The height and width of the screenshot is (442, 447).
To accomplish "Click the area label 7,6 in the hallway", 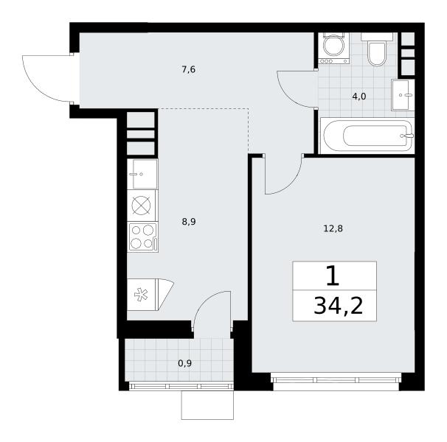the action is tap(189, 69).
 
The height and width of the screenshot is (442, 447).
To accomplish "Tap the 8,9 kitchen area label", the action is tap(189, 222).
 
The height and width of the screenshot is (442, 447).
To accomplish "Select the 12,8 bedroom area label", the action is tap(333, 228).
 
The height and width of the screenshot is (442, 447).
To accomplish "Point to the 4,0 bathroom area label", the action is tap(359, 97).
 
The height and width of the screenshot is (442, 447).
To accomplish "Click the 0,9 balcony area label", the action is tap(184, 363).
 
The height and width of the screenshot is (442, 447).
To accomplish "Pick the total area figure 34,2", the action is tap(339, 306).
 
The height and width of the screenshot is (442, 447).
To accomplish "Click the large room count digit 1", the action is tap(333, 276).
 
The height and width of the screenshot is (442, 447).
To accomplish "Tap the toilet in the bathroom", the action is tap(377, 49).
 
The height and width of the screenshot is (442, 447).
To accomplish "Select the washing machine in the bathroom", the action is tap(334, 48).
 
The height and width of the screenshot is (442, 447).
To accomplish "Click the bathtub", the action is tap(367, 136).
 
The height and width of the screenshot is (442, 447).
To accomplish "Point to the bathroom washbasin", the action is tap(403, 95).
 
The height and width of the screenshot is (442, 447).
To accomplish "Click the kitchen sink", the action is tap(142, 174).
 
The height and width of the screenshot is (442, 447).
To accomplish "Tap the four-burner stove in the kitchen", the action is tap(142, 237).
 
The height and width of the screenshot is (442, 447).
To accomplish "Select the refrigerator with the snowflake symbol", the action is tap(150, 295).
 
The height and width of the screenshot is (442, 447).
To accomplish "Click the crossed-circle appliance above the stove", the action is tap(142, 206).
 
